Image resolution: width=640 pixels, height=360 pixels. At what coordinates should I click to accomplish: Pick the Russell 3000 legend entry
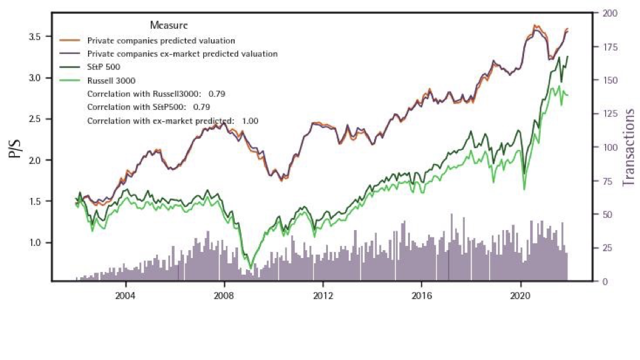click(110, 80)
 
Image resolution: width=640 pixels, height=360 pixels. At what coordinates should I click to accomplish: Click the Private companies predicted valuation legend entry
click(161, 41)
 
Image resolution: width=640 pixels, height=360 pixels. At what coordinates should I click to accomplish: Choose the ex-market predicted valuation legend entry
click(182, 53)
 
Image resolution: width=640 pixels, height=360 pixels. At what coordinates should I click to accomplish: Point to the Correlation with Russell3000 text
click(156, 93)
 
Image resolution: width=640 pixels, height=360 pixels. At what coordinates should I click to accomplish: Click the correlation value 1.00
click(250, 121)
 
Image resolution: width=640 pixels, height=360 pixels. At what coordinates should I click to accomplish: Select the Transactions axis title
click(627, 147)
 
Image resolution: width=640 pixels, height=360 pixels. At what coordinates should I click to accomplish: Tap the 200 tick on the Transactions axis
click(610, 13)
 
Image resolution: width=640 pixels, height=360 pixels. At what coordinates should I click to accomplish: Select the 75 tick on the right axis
click(607, 181)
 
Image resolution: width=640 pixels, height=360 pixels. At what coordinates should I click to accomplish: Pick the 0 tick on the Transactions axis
click(604, 281)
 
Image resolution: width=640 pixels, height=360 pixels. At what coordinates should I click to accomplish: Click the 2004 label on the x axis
click(125, 295)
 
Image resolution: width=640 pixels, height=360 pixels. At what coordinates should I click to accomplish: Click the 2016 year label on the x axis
click(421, 295)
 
